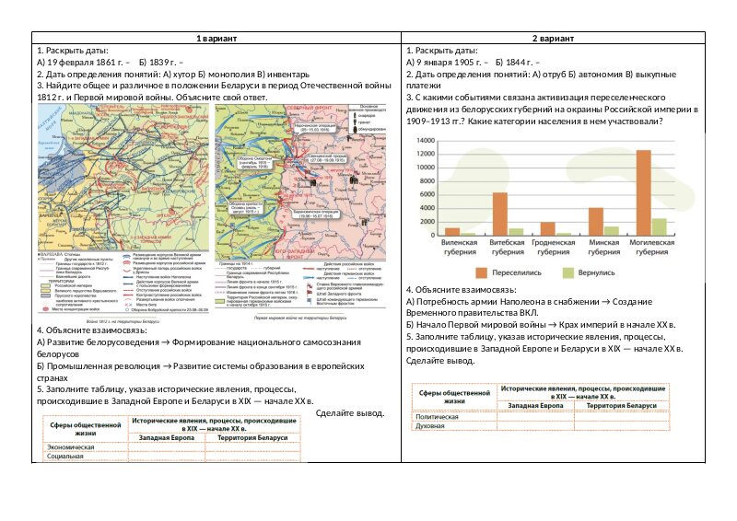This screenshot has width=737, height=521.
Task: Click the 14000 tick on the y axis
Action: (x=424, y=140)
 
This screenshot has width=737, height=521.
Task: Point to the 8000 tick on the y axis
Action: (x=426, y=181)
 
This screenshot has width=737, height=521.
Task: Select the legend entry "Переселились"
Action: (x=512, y=273)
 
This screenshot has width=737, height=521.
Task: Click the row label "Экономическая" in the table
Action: (x=71, y=446)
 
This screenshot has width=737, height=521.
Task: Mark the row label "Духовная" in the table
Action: (x=431, y=426)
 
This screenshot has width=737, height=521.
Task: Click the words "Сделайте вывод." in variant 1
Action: (x=349, y=412)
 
